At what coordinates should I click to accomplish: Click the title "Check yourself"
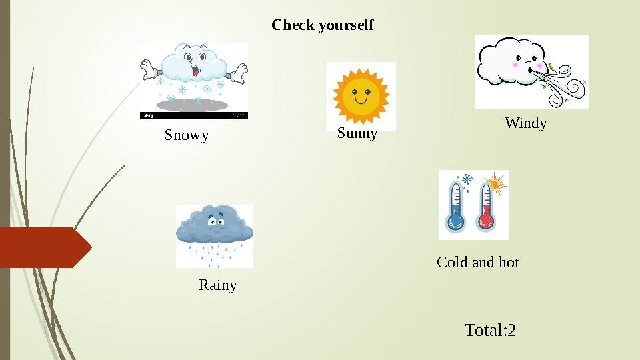tap(323, 25)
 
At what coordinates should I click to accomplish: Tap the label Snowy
tap(187, 135)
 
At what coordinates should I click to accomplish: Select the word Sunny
tap(357, 133)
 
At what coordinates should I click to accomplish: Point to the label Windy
tap(526, 123)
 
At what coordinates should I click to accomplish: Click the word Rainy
tap(218, 285)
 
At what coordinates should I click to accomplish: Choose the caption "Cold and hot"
tap(477, 262)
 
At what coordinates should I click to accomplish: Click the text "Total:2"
tap(490, 330)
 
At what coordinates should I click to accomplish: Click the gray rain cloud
tap(214, 225)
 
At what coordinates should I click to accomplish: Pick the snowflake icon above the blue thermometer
tap(467, 180)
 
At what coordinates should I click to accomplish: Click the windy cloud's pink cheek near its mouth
tap(515, 65)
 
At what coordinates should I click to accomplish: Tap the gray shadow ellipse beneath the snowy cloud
tap(193, 105)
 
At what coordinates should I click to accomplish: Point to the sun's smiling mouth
tap(361, 102)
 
